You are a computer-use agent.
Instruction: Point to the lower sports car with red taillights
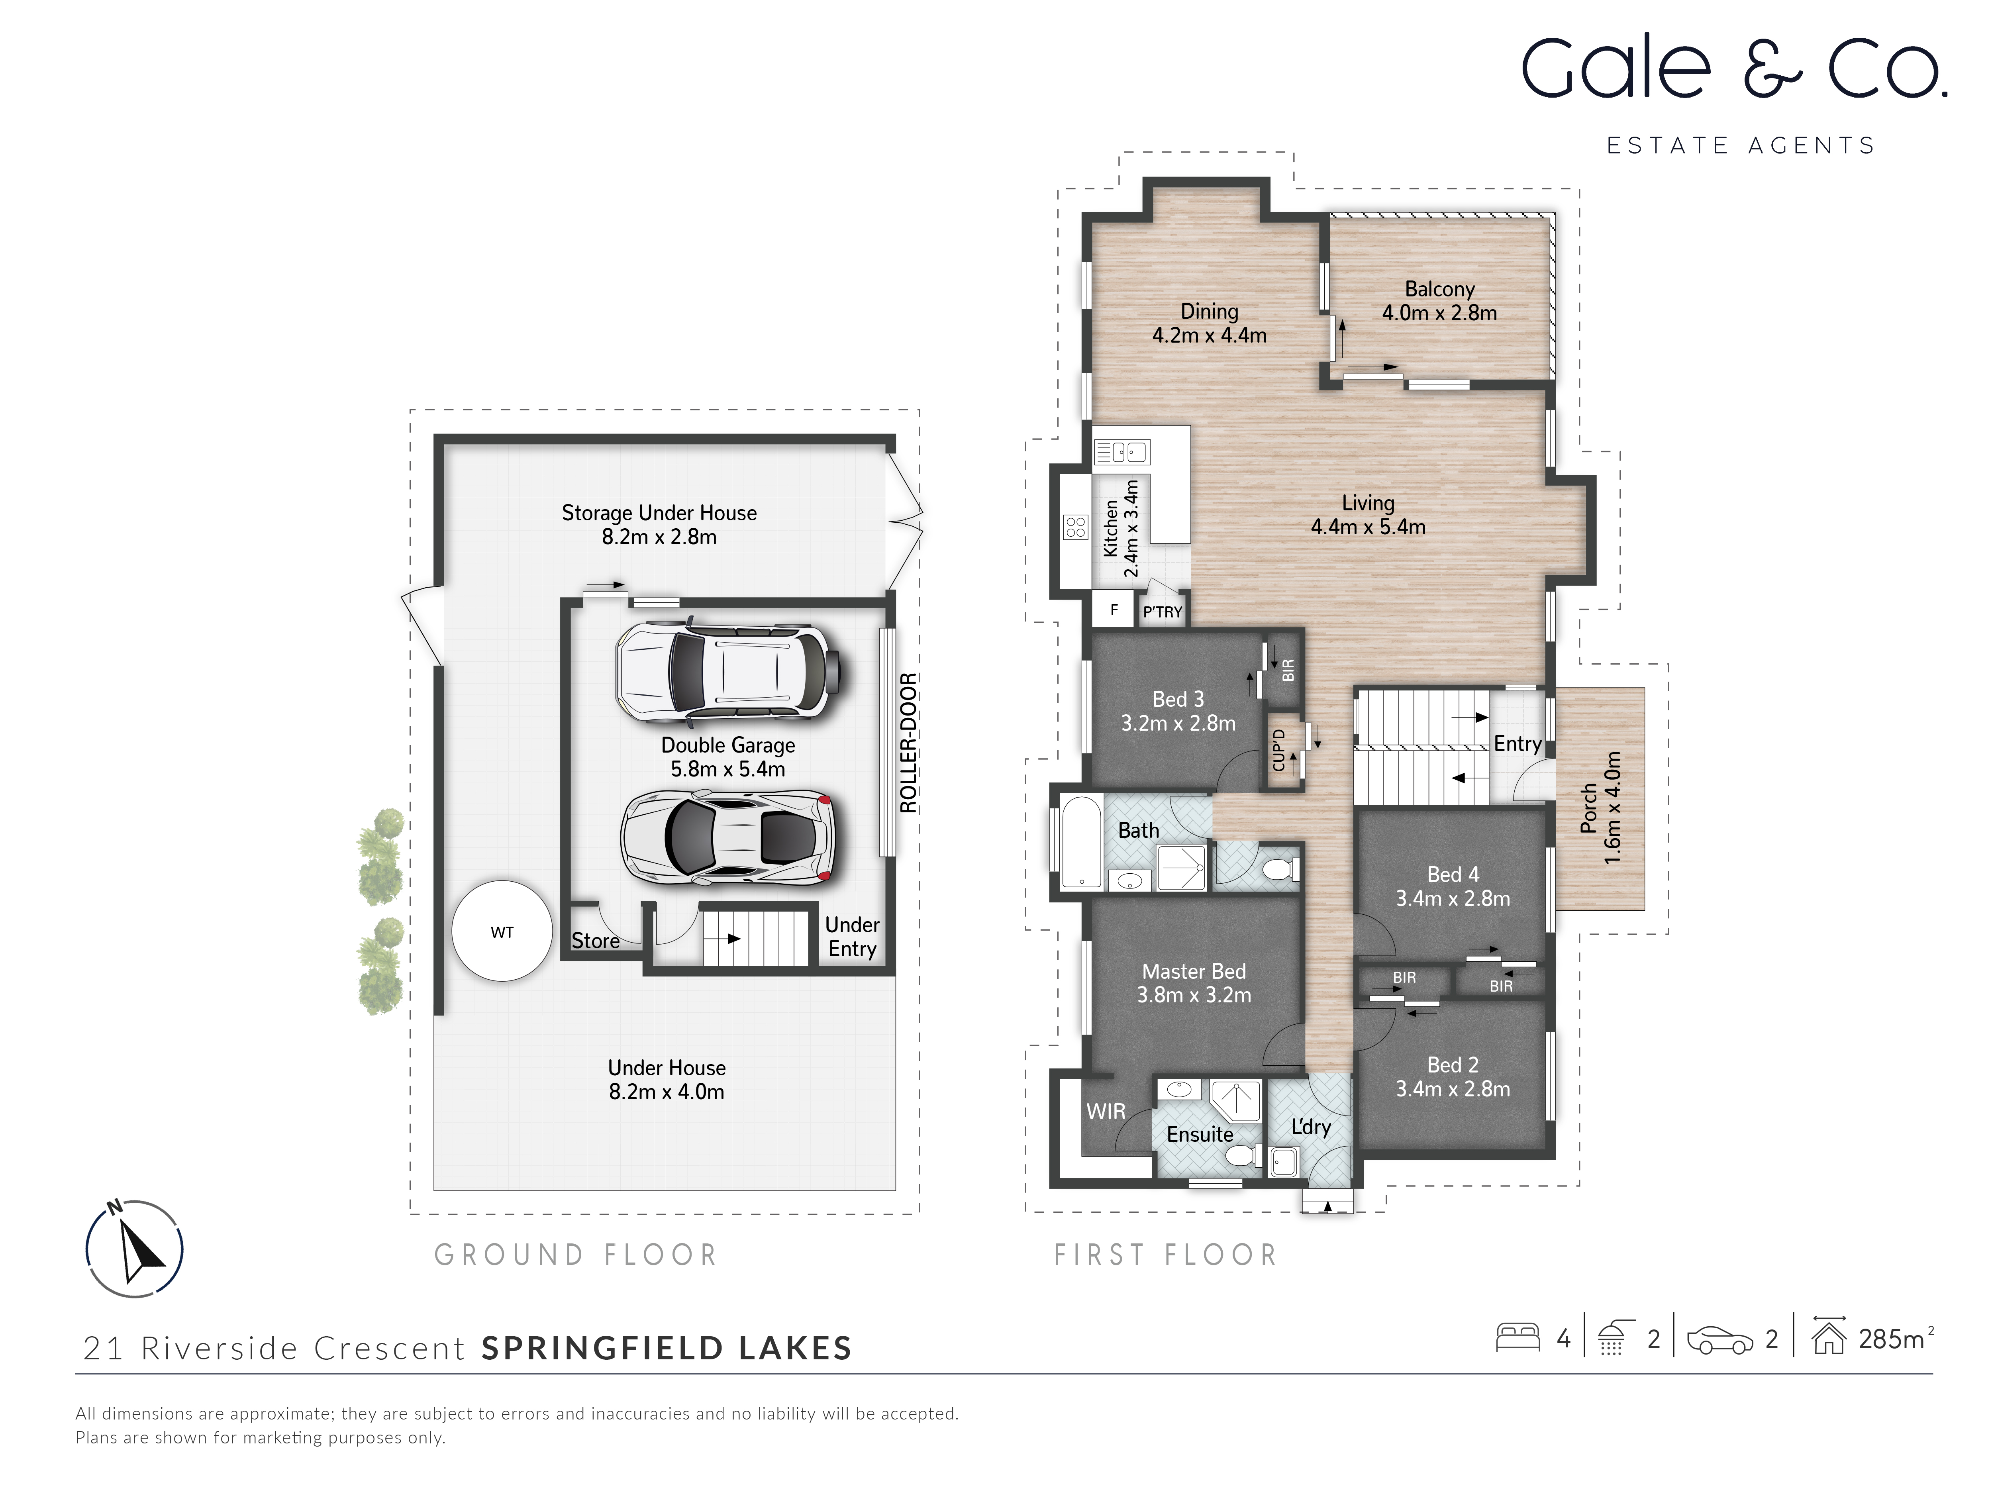(727, 837)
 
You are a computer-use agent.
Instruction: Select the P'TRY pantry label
(1162, 612)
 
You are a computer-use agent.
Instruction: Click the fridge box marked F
(1114, 610)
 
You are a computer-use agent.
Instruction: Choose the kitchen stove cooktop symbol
(1075, 527)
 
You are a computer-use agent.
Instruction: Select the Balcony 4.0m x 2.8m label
(1439, 301)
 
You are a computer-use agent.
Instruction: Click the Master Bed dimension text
(1194, 995)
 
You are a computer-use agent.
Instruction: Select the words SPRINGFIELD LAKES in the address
(667, 1348)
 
